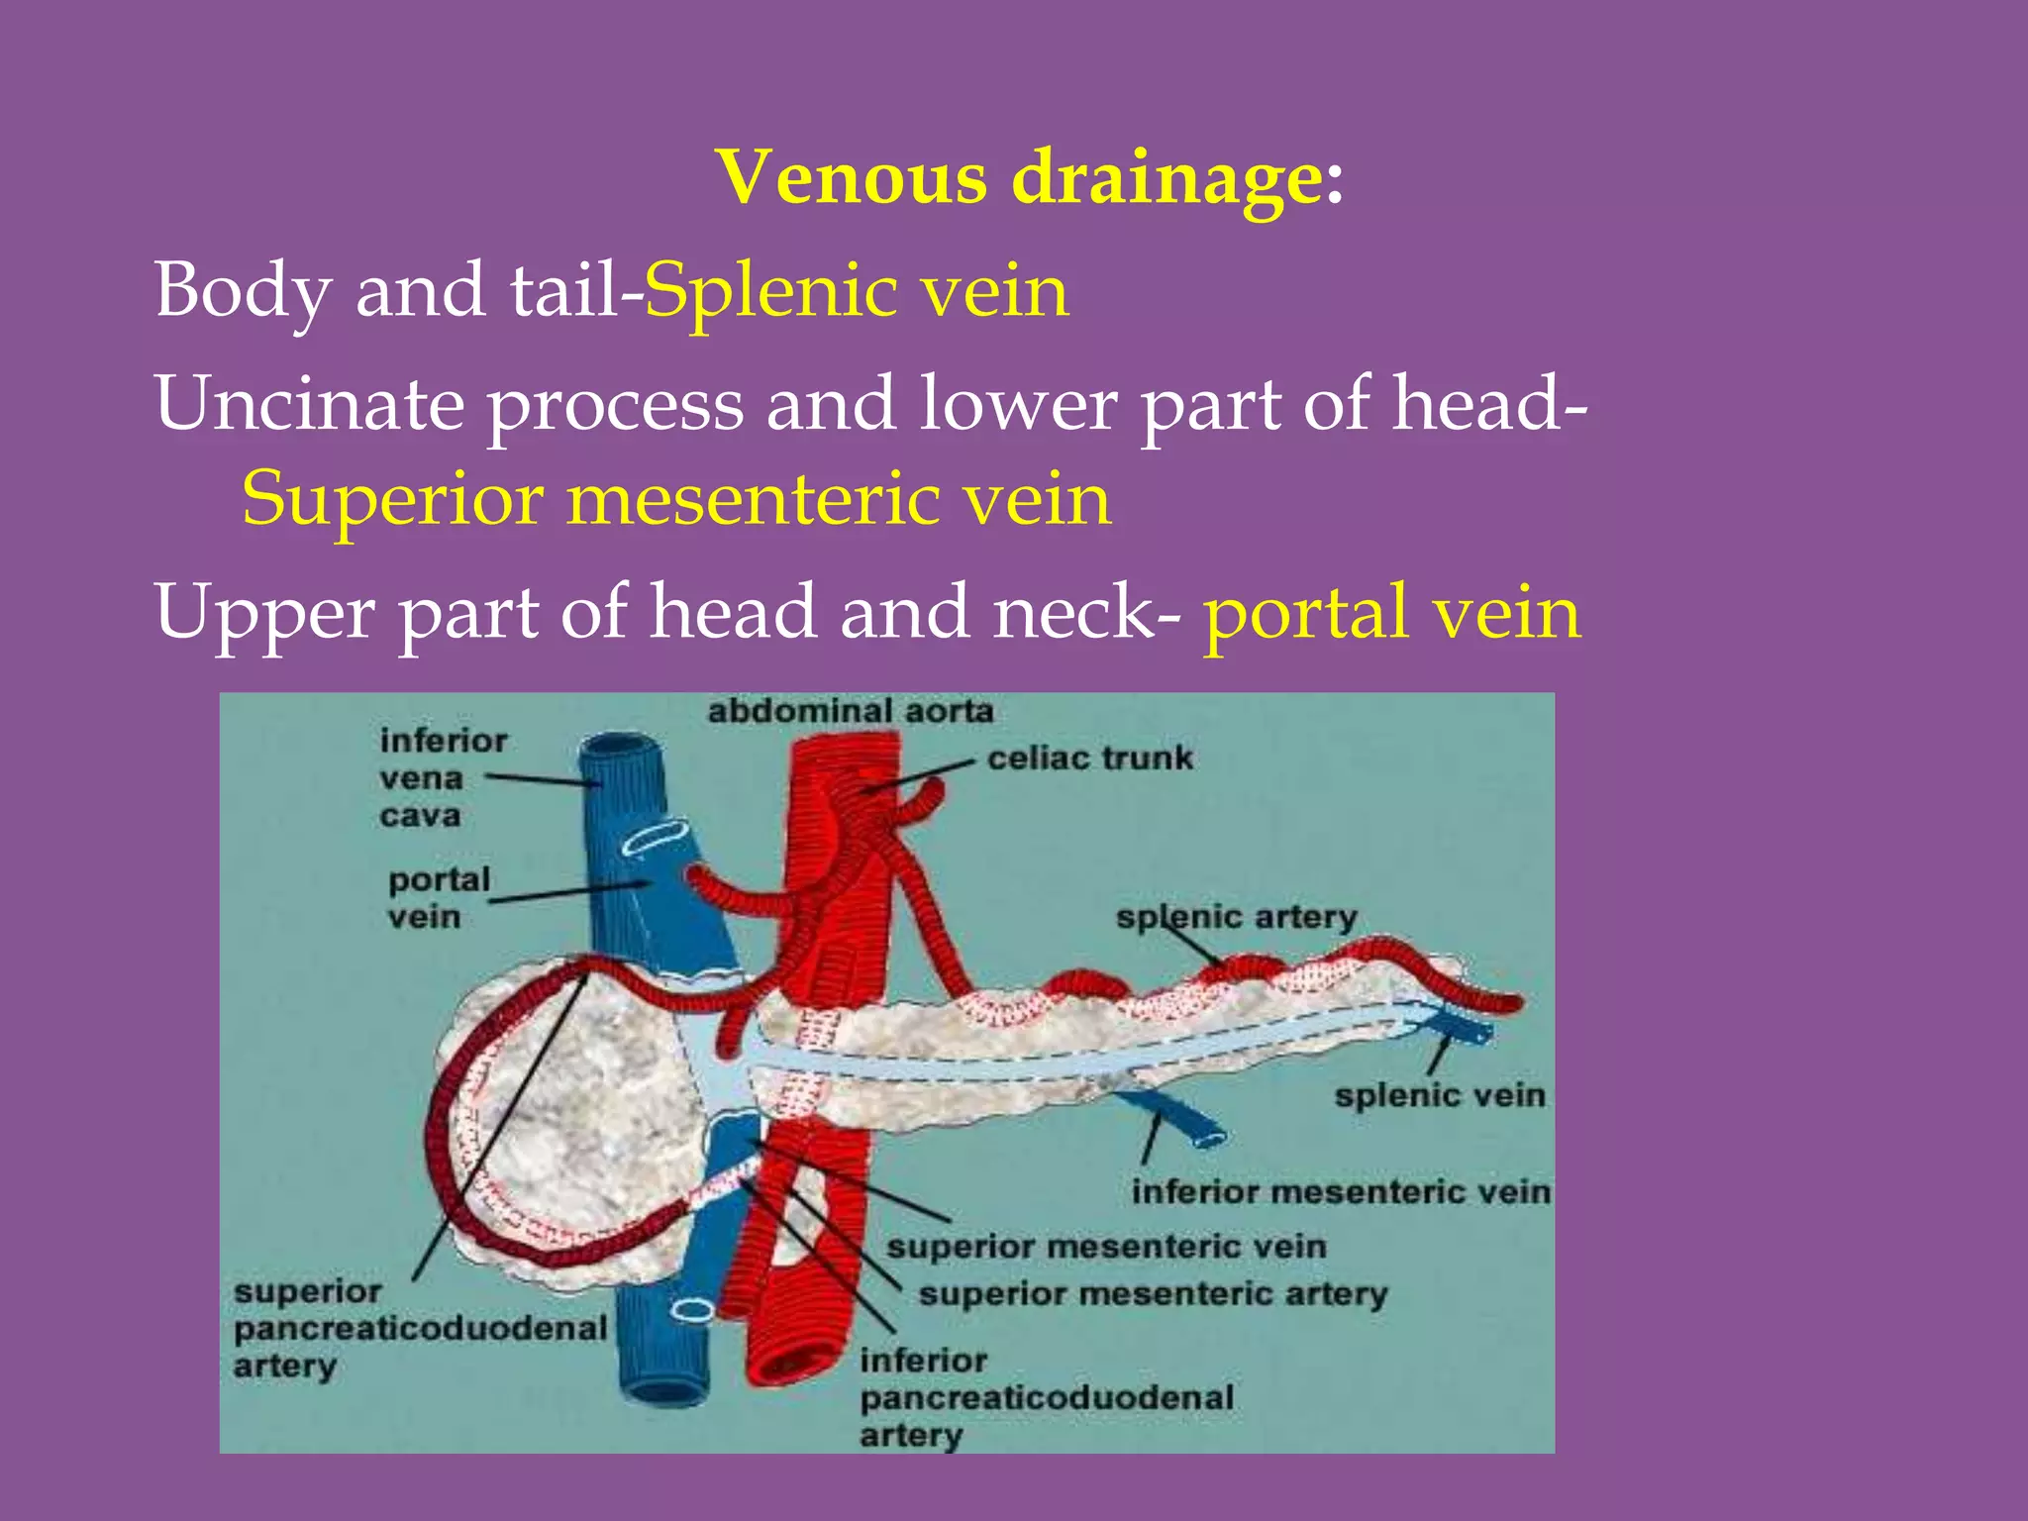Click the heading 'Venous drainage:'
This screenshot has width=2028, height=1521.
point(1030,178)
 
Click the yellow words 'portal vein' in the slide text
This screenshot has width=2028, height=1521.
point(1391,612)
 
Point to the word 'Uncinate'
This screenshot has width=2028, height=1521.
point(309,403)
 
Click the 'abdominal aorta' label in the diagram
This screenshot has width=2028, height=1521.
point(850,711)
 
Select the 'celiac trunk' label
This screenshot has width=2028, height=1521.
point(1089,759)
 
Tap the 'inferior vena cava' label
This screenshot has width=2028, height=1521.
point(442,778)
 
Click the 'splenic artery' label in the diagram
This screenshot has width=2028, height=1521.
point(1236,917)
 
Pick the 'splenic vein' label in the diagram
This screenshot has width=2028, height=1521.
point(1439,1095)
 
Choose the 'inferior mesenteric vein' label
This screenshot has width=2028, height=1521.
point(1341,1191)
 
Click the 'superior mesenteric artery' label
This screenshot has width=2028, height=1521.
point(1153,1293)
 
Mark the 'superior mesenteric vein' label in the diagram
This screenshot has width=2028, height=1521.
point(1105,1246)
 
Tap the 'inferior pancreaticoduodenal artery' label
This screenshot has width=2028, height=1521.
point(1046,1397)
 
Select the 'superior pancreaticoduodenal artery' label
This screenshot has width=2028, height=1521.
point(419,1328)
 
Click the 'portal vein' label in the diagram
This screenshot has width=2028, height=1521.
point(439,897)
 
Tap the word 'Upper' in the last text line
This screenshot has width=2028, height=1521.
point(263,612)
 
